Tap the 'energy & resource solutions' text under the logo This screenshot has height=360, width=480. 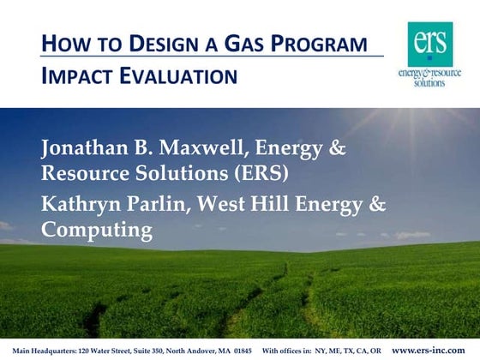tap(429, 77)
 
